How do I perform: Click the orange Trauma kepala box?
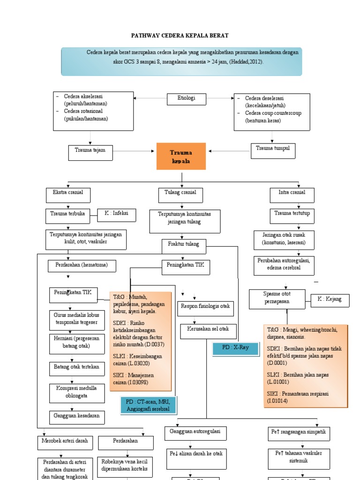point(181,157)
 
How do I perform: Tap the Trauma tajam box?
point(90,152)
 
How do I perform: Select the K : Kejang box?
point(330,300)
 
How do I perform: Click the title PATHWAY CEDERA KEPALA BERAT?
point(179,36)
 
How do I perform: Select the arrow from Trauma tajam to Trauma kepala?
point(134,151)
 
